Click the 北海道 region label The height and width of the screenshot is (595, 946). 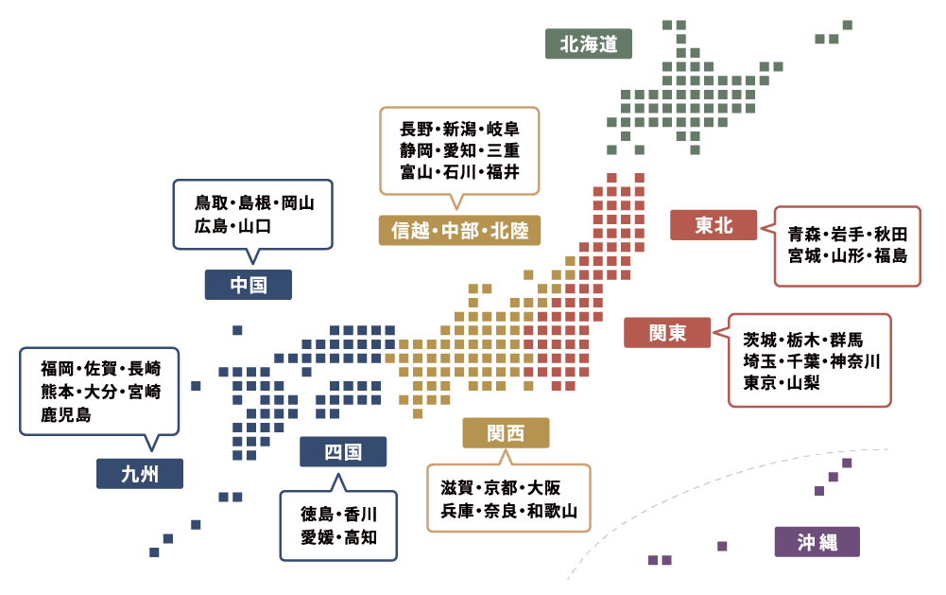pyautogui.click(x=589, y=44)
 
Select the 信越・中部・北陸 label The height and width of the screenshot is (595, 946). pyautogui.click(x=459, y=231)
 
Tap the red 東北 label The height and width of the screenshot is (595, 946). pyautogui.click(x=714, y=225)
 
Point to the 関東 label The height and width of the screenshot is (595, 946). pyautogui.click(x=667, y=333)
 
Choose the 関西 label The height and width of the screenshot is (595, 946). pyautogui.click(x=506, y=433)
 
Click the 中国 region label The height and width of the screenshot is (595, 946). pyautogui.click(x=248, y=285)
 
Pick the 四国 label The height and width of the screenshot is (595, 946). pyautogui.click(x=343, y=452)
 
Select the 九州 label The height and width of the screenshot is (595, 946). pyautogui.click(x=140, y=474)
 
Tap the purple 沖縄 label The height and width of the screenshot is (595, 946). pyautogui.click(x=817, y=542)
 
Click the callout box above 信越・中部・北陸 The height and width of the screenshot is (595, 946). pyautogui.click(x=459, y=150)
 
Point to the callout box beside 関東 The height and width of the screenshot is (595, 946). pyautogui.click(x=810, y=360)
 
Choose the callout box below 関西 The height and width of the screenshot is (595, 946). pyautogui.click(x=508, y=499)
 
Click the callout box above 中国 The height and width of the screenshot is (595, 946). pyautogui.click(x=252, y=215)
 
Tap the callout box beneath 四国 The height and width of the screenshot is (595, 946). pyautogui.click(x=338, y=526)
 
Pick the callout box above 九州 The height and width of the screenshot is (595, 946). pyautogui.click(x=99, y=391)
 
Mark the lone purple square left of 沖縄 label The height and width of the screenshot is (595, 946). pyautogui.click(x=723, y=546)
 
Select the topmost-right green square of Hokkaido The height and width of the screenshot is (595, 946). pyautogui.click(x=847, y=25)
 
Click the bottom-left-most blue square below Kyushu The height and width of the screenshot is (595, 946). pyautogui.click(x=154, y=552)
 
